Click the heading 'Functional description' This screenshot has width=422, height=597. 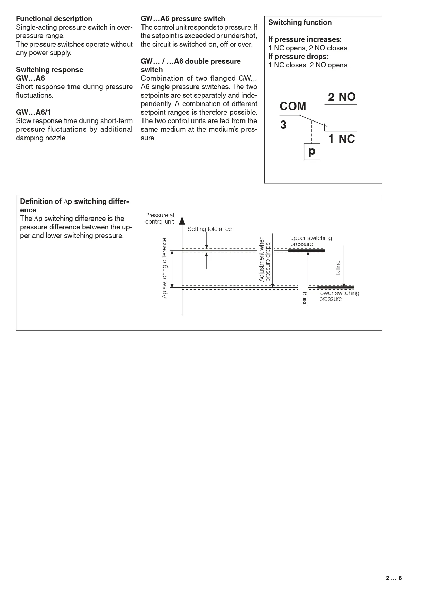[x=54, y=19]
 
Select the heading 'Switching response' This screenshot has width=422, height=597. [x=50, y=70]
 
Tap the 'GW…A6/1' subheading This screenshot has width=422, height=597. [x=33, y=112]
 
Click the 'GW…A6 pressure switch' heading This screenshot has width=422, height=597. [x=183, y=19]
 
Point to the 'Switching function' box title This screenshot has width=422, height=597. [x=300, y=22]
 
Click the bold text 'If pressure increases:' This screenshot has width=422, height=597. [x=305, y=39]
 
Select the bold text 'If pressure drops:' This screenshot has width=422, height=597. [x=299, y=57]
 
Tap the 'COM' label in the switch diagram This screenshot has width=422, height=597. [x=293, y=107]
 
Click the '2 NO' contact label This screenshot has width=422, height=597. [x=342, y=97]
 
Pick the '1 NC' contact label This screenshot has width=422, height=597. [x=342, y=139]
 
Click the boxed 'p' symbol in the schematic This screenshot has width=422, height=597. [x=312, y=151]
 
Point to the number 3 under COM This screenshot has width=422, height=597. [x=283, y=125]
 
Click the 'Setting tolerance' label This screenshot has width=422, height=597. [x=209, y=229]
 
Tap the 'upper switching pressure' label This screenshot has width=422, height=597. [x=311, y=241]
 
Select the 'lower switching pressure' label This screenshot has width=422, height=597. [x=339, y=296]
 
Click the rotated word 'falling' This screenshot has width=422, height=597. [x=338, y=268]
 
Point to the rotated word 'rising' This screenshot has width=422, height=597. [x=304, y=298]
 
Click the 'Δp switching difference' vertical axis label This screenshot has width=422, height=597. [x=165, y=268]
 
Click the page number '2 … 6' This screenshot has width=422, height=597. [x=394, y=578]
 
